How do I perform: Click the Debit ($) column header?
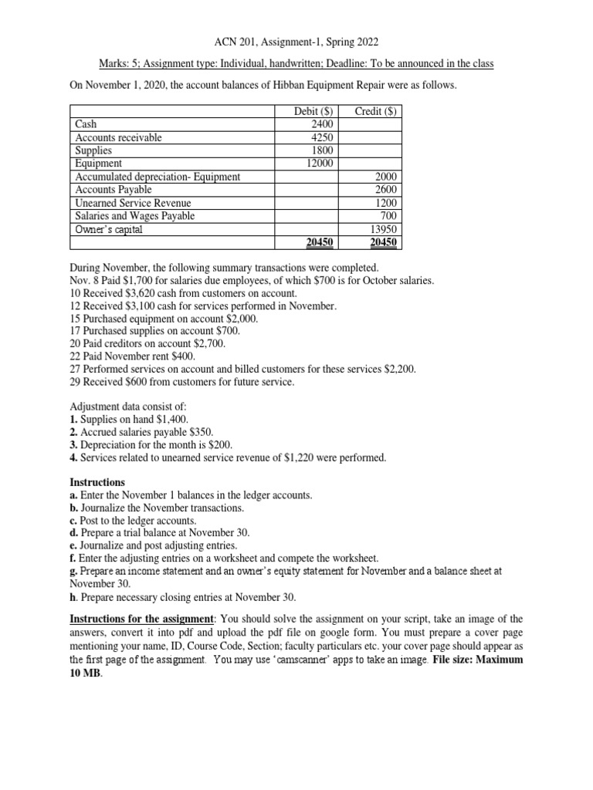point(312,112)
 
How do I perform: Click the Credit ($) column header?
point(375,112)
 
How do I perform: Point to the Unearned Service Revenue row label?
point(132,203)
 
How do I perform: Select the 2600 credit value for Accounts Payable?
point(385,190)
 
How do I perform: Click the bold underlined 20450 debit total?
point(317,242)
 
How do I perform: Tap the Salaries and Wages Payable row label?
point(134,216)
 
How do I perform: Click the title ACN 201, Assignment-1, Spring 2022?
point(296,43)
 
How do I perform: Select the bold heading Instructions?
point(97,482)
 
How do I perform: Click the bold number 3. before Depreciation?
point(75,445)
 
